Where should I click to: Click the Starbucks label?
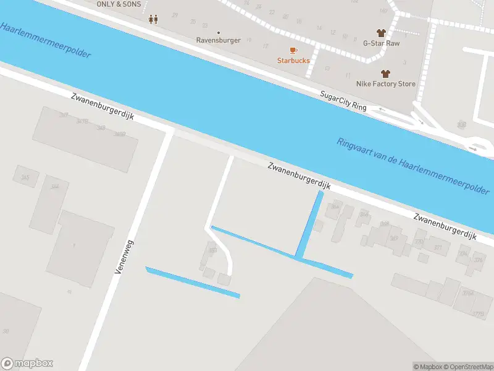[293, 61]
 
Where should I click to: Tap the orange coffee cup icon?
[293, 50]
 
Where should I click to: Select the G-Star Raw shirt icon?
[381, 33]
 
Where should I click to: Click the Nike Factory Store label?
[385, 83]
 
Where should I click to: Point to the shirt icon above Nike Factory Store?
[385, 73]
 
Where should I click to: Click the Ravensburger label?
[218, 40]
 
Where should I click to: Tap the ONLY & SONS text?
[119, 4]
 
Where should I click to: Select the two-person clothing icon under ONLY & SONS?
[153, 19]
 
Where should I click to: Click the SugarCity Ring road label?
[343, 100]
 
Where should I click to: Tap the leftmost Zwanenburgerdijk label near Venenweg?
[103, 106]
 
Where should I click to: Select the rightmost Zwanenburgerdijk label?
[446, 226]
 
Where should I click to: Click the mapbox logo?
[27, 364]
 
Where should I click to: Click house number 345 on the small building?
[25, 177]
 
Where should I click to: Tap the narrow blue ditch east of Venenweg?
[192, 283]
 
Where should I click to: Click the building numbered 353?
[212, 251]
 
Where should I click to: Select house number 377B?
[478, 314]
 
